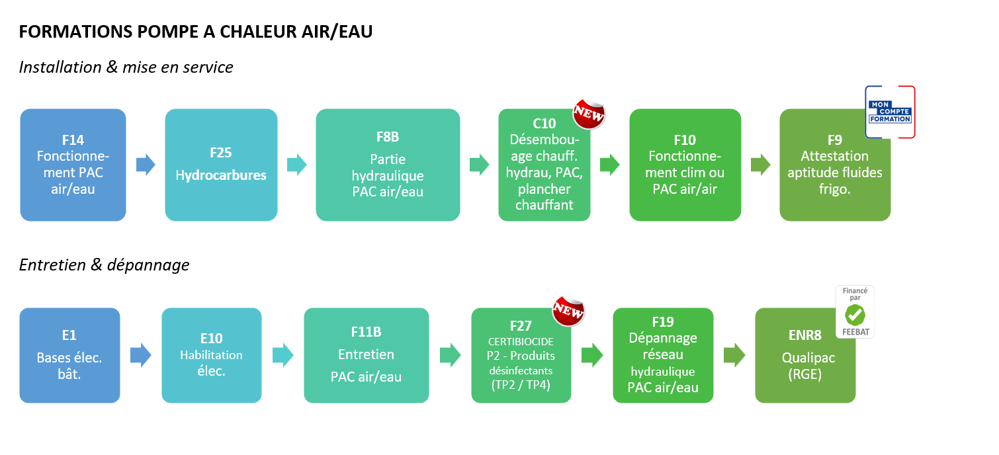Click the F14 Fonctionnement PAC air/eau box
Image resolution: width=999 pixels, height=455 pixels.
[x=73, y=165]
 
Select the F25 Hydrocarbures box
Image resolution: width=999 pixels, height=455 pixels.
[x=221, y=165]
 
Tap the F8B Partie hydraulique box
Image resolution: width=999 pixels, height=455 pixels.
[x=388, y=165]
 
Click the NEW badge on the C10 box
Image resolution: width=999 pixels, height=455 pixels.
[x=588, y=114]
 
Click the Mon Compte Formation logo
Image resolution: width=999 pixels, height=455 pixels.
[x=890, y=112]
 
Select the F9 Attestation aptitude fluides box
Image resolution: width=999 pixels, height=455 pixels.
[x=835, y=172]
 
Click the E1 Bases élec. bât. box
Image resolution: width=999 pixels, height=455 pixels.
[x=69, y=355]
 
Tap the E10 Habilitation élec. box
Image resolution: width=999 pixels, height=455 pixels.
[x=211, y=355]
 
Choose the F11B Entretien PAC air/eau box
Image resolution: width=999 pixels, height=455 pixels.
[x=366, y=355]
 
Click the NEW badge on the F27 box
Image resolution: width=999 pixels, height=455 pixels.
[x=568, y=310]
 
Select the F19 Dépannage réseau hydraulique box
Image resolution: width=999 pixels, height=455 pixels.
[x=663, y=355]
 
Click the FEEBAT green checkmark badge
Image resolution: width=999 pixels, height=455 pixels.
[x=855, y=313]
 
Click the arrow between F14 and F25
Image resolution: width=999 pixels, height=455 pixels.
[x=146, y=165]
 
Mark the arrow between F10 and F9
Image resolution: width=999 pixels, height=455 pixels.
[x=761, y=165]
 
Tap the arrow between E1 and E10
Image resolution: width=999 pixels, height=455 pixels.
[x=140, y=355]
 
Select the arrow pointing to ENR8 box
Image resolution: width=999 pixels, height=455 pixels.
[x=734, y=355]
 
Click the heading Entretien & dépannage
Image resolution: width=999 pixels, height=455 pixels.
[x=104, y=265]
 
